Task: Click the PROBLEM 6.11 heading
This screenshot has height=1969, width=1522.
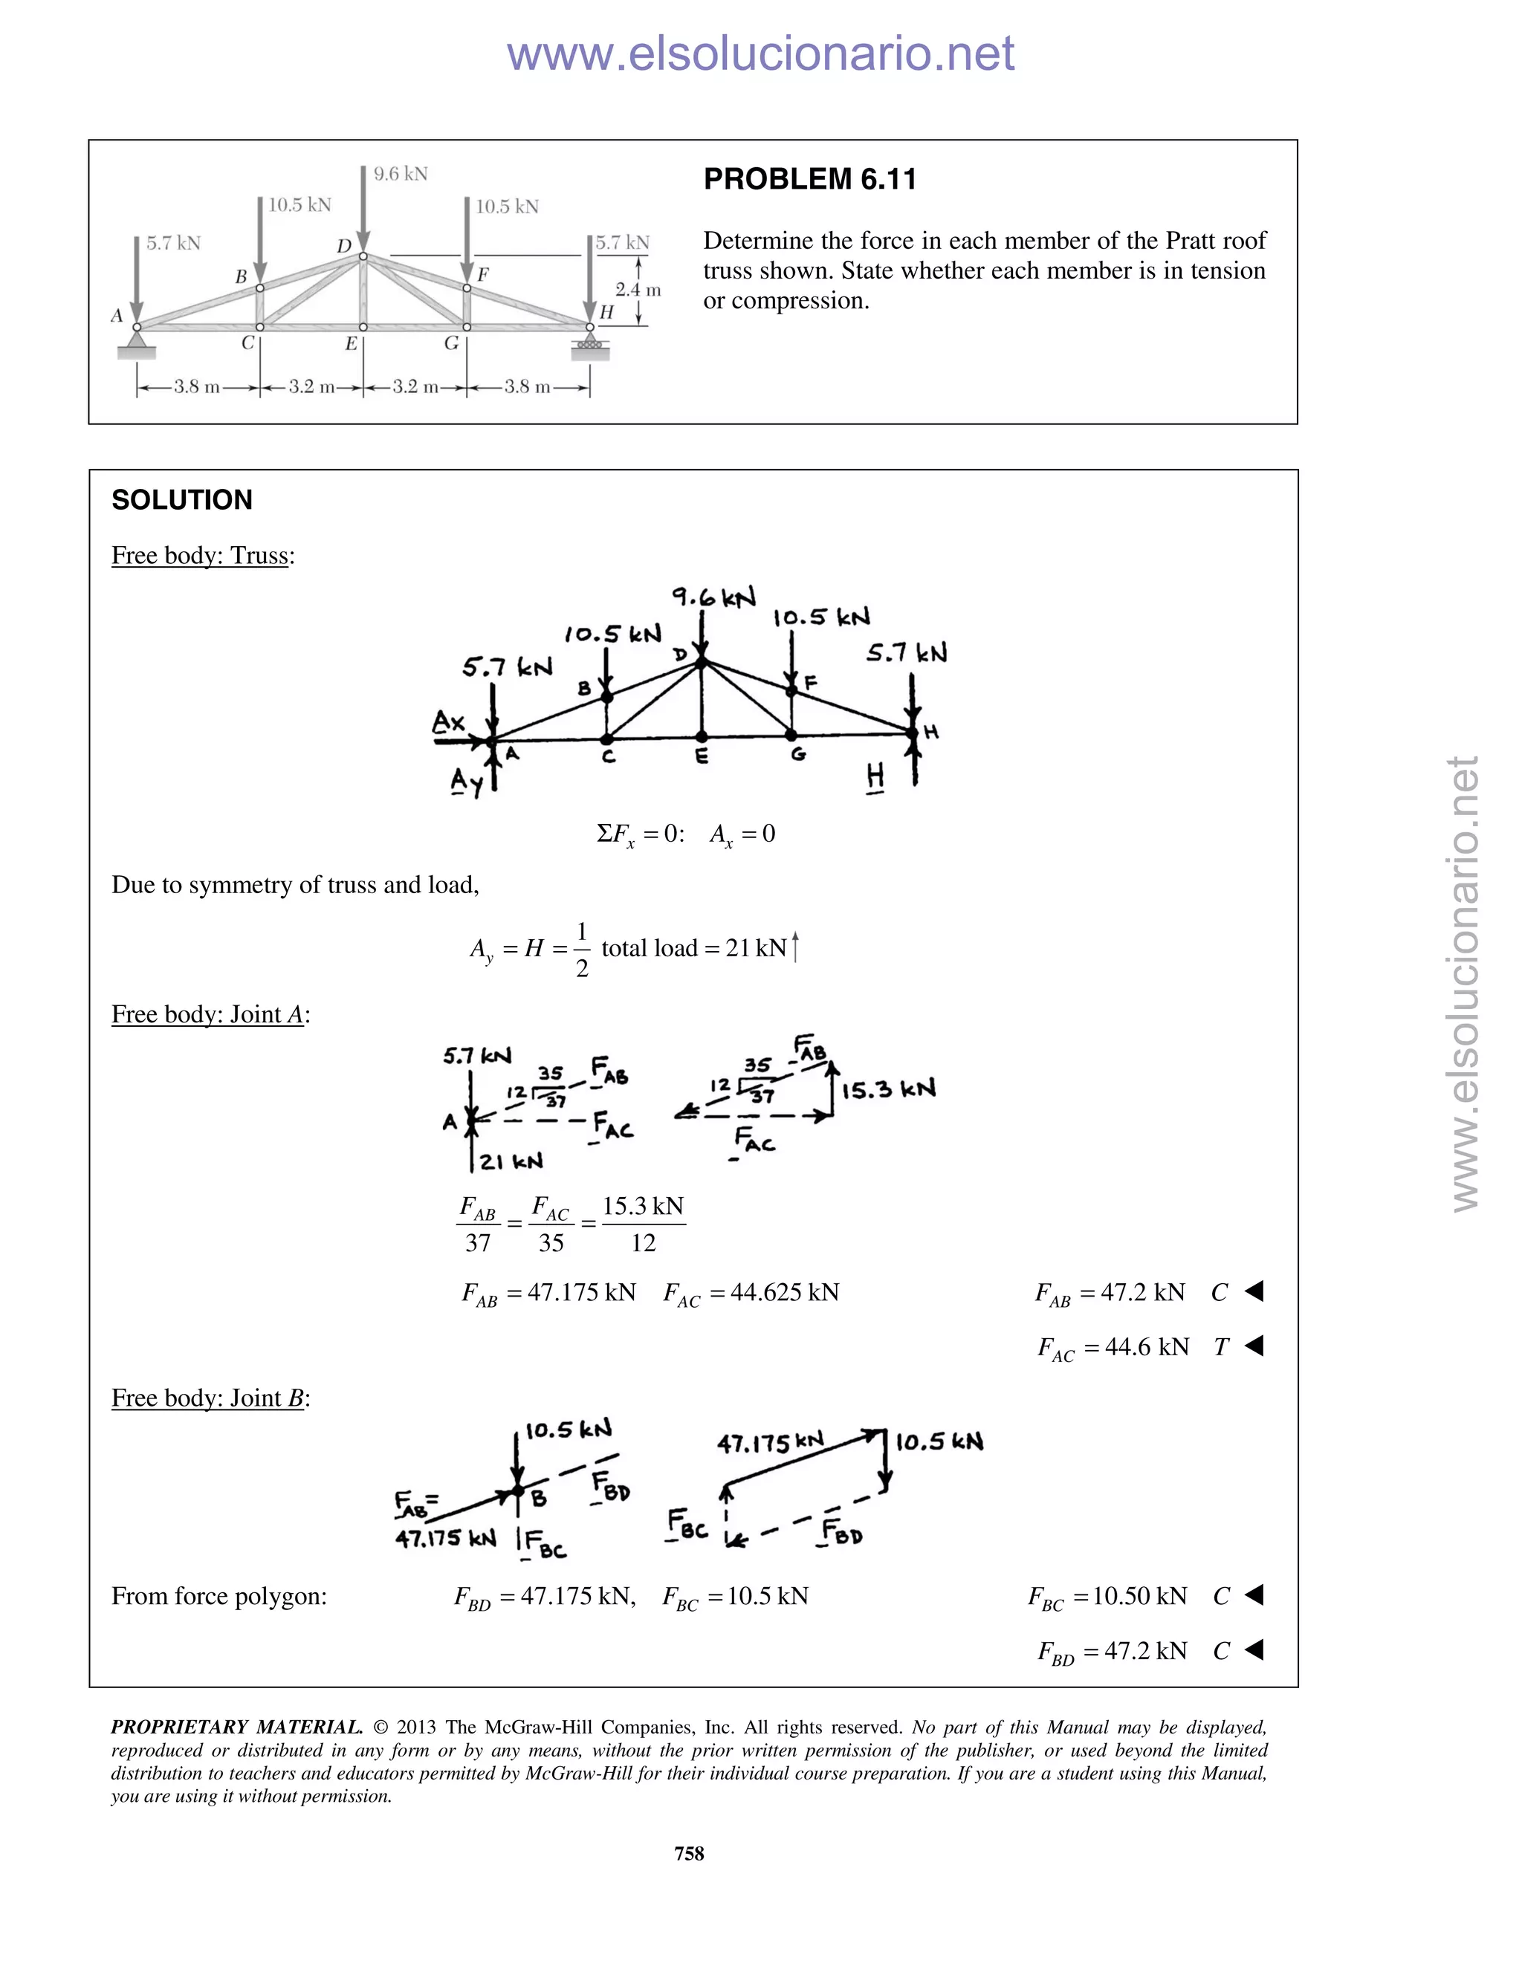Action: click(x=809, y=179)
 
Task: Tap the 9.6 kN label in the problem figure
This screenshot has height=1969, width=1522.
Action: click(x=401, y=174)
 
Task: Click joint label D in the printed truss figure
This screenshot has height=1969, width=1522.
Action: click(x=343, y=246)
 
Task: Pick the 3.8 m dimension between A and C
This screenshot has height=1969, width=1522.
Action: click(x=198, y=388)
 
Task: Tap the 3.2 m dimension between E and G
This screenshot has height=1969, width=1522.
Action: click(x=415, y=388)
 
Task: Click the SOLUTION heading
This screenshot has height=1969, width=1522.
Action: click(x=182, y=500)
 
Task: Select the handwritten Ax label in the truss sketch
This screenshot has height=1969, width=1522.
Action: click(x=448, y=722)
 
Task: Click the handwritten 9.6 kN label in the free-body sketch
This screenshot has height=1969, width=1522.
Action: click(x=713, y=597)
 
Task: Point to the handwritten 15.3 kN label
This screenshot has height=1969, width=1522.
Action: click(x=888, y=1090)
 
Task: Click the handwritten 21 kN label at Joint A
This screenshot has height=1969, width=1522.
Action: click(x=511, y=1162)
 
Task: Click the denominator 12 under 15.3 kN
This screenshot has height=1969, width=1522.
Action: click(x=643, y=1243)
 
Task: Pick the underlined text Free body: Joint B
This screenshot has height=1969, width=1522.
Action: click(x=208, y=1398)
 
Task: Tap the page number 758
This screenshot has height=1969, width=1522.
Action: click(x=689, y=1854)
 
